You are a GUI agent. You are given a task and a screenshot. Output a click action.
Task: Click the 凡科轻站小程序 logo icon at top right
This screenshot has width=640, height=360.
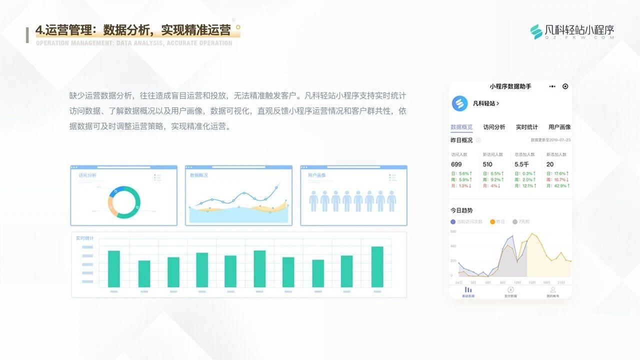click(536, 31)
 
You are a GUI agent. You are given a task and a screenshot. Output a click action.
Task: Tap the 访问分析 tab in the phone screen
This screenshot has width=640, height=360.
click(494, 127)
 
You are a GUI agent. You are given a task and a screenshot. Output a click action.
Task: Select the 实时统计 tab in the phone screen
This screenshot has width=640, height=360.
click(527, 127)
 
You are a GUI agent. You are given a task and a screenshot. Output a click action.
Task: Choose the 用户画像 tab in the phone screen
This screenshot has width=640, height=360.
click(559, 127)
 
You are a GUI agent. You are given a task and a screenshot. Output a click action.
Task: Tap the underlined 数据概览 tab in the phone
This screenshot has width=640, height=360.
click(461, 127)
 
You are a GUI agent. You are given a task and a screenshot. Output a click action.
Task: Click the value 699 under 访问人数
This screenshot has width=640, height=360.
click(456, 164)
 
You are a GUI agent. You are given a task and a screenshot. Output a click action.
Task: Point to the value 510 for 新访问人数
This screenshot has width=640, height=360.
click(487, 164)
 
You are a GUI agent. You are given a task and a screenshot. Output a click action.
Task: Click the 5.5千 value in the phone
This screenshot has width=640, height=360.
click(521, 164)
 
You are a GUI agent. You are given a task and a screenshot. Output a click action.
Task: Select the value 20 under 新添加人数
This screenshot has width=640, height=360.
click(550, 164)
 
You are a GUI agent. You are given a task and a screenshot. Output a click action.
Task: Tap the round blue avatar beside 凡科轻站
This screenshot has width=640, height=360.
click(459, 103)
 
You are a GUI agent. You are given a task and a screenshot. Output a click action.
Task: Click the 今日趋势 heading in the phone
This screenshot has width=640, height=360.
click(461, 210)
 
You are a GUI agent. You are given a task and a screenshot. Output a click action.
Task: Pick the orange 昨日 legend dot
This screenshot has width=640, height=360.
click(492, 221)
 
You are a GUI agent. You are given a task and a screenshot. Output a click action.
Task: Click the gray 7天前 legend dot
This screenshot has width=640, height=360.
click(515, 221)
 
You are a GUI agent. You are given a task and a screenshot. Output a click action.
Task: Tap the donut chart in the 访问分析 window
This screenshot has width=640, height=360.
click(123, 202)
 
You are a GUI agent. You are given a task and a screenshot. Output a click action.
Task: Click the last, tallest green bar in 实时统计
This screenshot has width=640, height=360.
click(377, 267)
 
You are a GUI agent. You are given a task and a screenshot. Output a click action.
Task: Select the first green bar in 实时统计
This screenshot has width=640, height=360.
click(114, 269)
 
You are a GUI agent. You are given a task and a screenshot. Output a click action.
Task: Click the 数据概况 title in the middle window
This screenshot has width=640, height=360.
click(199, 175)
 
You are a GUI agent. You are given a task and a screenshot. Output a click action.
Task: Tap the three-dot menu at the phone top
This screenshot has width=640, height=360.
click(552, 86)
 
